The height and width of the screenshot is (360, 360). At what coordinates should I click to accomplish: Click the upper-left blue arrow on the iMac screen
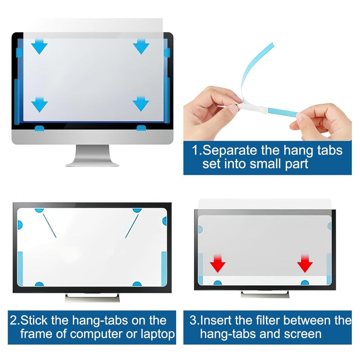(39, 47)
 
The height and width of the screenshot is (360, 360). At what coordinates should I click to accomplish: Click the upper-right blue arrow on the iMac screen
(141, 47)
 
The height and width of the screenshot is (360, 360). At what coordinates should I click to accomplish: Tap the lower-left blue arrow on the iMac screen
(39, 104)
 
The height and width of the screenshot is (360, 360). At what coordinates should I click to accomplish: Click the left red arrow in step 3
(217, 263)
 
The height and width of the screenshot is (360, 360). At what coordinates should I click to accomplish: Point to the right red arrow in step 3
(305, 263)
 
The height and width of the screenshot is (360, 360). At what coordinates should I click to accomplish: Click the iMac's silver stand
(92, 155)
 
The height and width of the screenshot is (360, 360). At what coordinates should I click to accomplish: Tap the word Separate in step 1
(230, 150)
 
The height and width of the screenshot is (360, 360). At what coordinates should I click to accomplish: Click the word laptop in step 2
(158, 334)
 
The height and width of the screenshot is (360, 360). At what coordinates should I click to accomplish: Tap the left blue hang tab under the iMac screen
(39, 128)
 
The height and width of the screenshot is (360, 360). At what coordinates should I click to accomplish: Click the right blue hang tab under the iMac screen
(141, 128)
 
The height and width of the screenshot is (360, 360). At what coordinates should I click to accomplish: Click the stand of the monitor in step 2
(92, 297)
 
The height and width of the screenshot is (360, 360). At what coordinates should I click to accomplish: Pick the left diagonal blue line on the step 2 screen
(50, 226)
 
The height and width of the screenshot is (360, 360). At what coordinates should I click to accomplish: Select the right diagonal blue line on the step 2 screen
(132, 226)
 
